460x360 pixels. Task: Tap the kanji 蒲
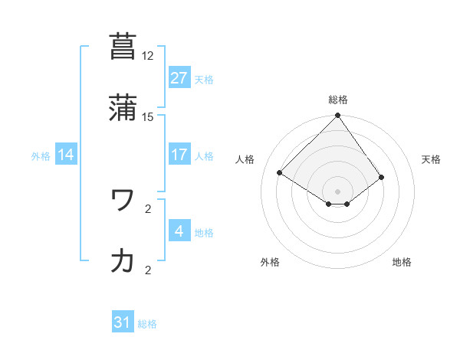(x=123, y=108)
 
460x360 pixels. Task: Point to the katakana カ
(x=123, y=261)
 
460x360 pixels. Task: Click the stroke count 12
(x=148, y=56)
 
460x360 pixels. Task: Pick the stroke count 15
(x=148, y=116)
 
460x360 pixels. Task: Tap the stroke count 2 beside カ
(x=148, y=270)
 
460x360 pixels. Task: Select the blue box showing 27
(x=179, y=78)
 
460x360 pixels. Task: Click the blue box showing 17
(x=179, y=155)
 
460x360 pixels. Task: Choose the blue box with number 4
(x=179, y=231)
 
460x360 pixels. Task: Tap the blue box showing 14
(x=66, y=155)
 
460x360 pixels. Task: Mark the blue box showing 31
(x=123, y=323)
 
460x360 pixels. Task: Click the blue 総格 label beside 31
(x=147, y=324)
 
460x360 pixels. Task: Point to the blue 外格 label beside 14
(x=41, y=155)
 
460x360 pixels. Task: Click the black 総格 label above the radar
(x=338, y=100)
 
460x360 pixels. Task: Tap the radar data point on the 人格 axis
(x=280, y=173)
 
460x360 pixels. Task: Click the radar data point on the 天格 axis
(x=382, y=177)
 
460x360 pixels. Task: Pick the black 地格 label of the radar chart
(x=402, y=263)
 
